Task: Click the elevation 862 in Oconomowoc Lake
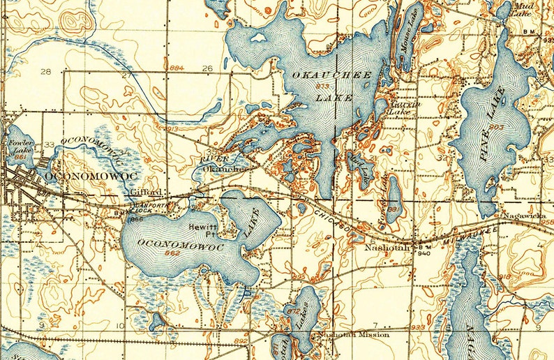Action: click(x=170, y=253)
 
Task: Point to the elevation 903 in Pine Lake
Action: click(x=496, y=126)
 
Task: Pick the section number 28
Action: click(x=47, y=72)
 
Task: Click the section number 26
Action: click(x=207, y=68)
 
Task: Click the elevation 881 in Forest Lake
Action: click(x=394, y=207)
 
